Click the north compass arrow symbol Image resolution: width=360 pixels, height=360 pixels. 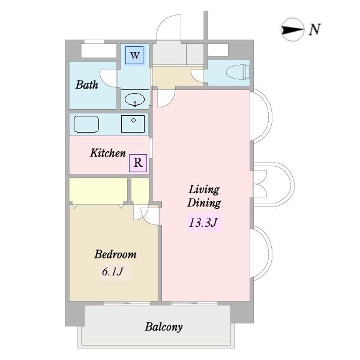[293, 29]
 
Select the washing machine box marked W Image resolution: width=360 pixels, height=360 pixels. [135, 56]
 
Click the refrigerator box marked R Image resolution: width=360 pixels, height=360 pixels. [138, 162]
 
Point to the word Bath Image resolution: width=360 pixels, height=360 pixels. [86, 85]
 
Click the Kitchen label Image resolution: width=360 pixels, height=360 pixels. [108, 154]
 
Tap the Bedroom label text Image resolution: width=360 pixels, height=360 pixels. [115, 254]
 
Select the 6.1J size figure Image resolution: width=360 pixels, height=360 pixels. [112, 272]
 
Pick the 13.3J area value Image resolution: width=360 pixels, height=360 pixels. [204, 223]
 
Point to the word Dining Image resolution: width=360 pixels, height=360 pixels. [204, 203]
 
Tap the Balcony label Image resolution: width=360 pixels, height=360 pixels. [163, 327]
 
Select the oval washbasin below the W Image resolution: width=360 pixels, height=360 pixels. [135, 99]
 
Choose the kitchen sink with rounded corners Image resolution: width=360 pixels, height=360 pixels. [86, 124]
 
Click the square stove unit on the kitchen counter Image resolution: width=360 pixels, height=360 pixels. [133, 124]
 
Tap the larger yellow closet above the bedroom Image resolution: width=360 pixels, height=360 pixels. [98, 191]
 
